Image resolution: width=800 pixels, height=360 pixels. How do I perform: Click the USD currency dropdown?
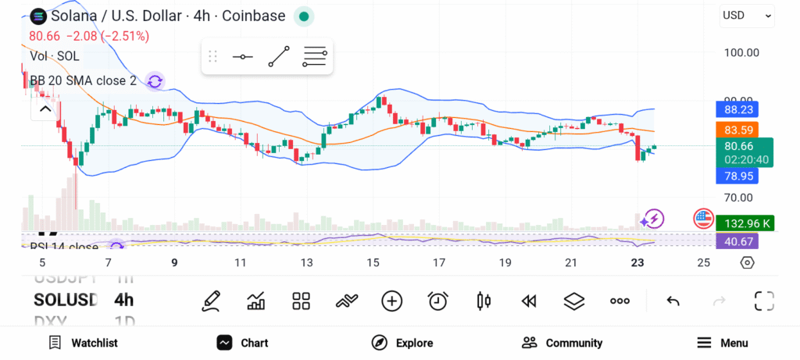[747, 15]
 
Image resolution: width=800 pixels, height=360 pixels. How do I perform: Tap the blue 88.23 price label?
[737, 110]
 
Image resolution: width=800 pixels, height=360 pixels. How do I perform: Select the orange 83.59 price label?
[737, 130]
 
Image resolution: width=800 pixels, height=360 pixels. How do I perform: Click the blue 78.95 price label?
[737, 176]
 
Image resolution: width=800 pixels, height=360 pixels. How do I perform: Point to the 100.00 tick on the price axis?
[741, 52]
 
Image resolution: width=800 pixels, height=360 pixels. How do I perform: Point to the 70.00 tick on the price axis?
[739, 198]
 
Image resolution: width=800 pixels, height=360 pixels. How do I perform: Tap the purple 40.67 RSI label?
[737, 241]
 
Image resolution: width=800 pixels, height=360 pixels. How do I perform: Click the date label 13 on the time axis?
[307, 262]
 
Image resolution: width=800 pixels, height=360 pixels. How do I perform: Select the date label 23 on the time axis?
[637, 262]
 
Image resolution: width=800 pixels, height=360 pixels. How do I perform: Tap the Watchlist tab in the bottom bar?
[84, 343]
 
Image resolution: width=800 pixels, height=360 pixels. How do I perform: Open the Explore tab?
[402, 343]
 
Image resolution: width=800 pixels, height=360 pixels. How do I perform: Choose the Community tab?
[562, 343]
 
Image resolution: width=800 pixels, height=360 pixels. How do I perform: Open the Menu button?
[723, 343]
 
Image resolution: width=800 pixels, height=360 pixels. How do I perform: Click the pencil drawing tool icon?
[210, 301]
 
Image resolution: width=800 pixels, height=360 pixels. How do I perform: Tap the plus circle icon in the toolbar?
[391, 301]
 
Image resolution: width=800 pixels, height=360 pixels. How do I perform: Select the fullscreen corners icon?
[763, 301]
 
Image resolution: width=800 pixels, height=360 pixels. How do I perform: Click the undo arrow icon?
[673, 301]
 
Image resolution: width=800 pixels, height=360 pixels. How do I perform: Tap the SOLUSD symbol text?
[66, 300]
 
